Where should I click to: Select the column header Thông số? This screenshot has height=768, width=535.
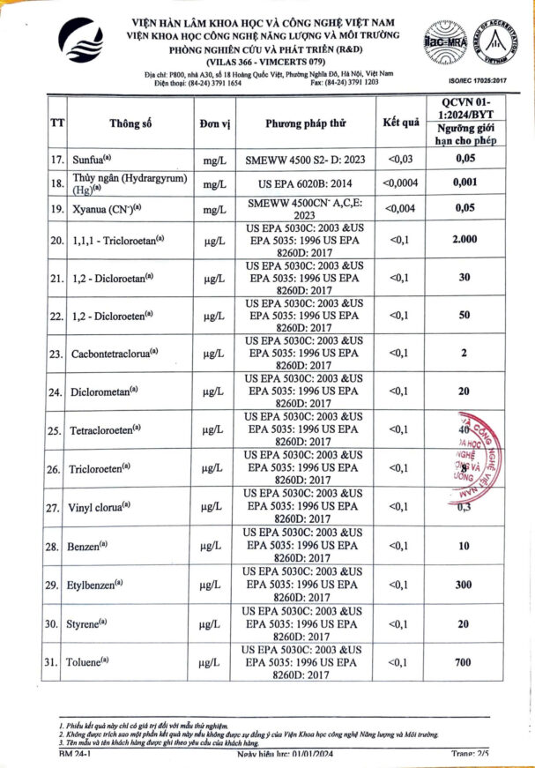(x=130, y=123)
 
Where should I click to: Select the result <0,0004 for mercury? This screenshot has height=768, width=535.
(x=401, y=183)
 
